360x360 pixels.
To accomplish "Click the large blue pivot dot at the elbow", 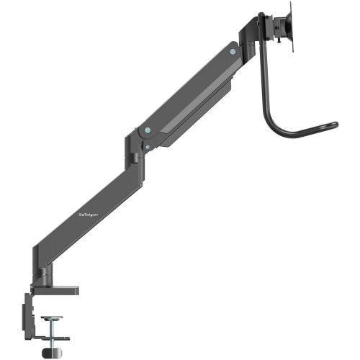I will (147, 130).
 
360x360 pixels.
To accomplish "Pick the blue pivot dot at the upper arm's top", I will (231, 51).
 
